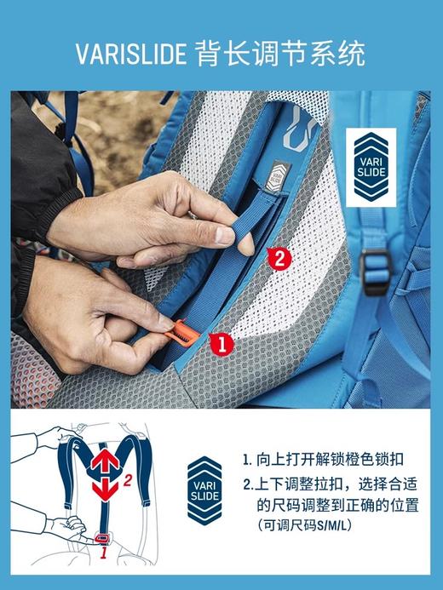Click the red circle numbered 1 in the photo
pos(220,344)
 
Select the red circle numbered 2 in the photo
pos(279,258)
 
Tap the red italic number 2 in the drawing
pos(127,481)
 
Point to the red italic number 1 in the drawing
pos(104,553)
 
